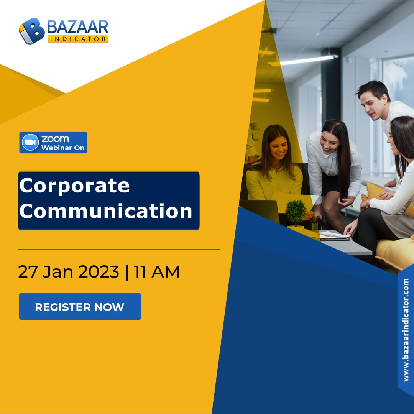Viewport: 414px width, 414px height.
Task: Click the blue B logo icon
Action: pyautogui.click(x=31, y=31)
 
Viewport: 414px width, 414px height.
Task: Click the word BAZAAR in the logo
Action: pyautogui.click(x=77, y=27)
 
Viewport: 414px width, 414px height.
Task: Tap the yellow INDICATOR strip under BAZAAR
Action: pyautogui.click(x=78, y=39)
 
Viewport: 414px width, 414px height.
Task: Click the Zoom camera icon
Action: pyautogui.click(x=30, y=142)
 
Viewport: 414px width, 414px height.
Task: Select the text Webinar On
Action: pyautogui.click(x=63, y=148)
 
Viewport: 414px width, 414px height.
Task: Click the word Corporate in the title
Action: pyautogui.click(x=74, y=186)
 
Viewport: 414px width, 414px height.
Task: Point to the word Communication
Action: pyautogui.click(x=106, y=211)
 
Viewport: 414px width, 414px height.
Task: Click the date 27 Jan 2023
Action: pyautogui.click(x=68, y=272)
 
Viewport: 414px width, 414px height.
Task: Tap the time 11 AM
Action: pyautogui.click(x=157, y=272)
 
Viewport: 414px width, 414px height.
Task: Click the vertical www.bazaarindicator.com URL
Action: pyautogui.click(x=406, y=330)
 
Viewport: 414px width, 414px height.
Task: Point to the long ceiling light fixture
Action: pyautogui.click(x=304, y=61)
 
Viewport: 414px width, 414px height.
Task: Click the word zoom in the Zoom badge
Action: pyautogui.click(x=55, y=139)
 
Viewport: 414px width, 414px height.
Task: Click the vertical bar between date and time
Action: pyautogui.click(x=127, y=272)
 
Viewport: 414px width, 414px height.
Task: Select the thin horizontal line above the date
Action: pyautogui.click(x=119, y=249)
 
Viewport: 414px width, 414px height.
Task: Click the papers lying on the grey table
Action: pyautogui.click(x=334, y=235)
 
